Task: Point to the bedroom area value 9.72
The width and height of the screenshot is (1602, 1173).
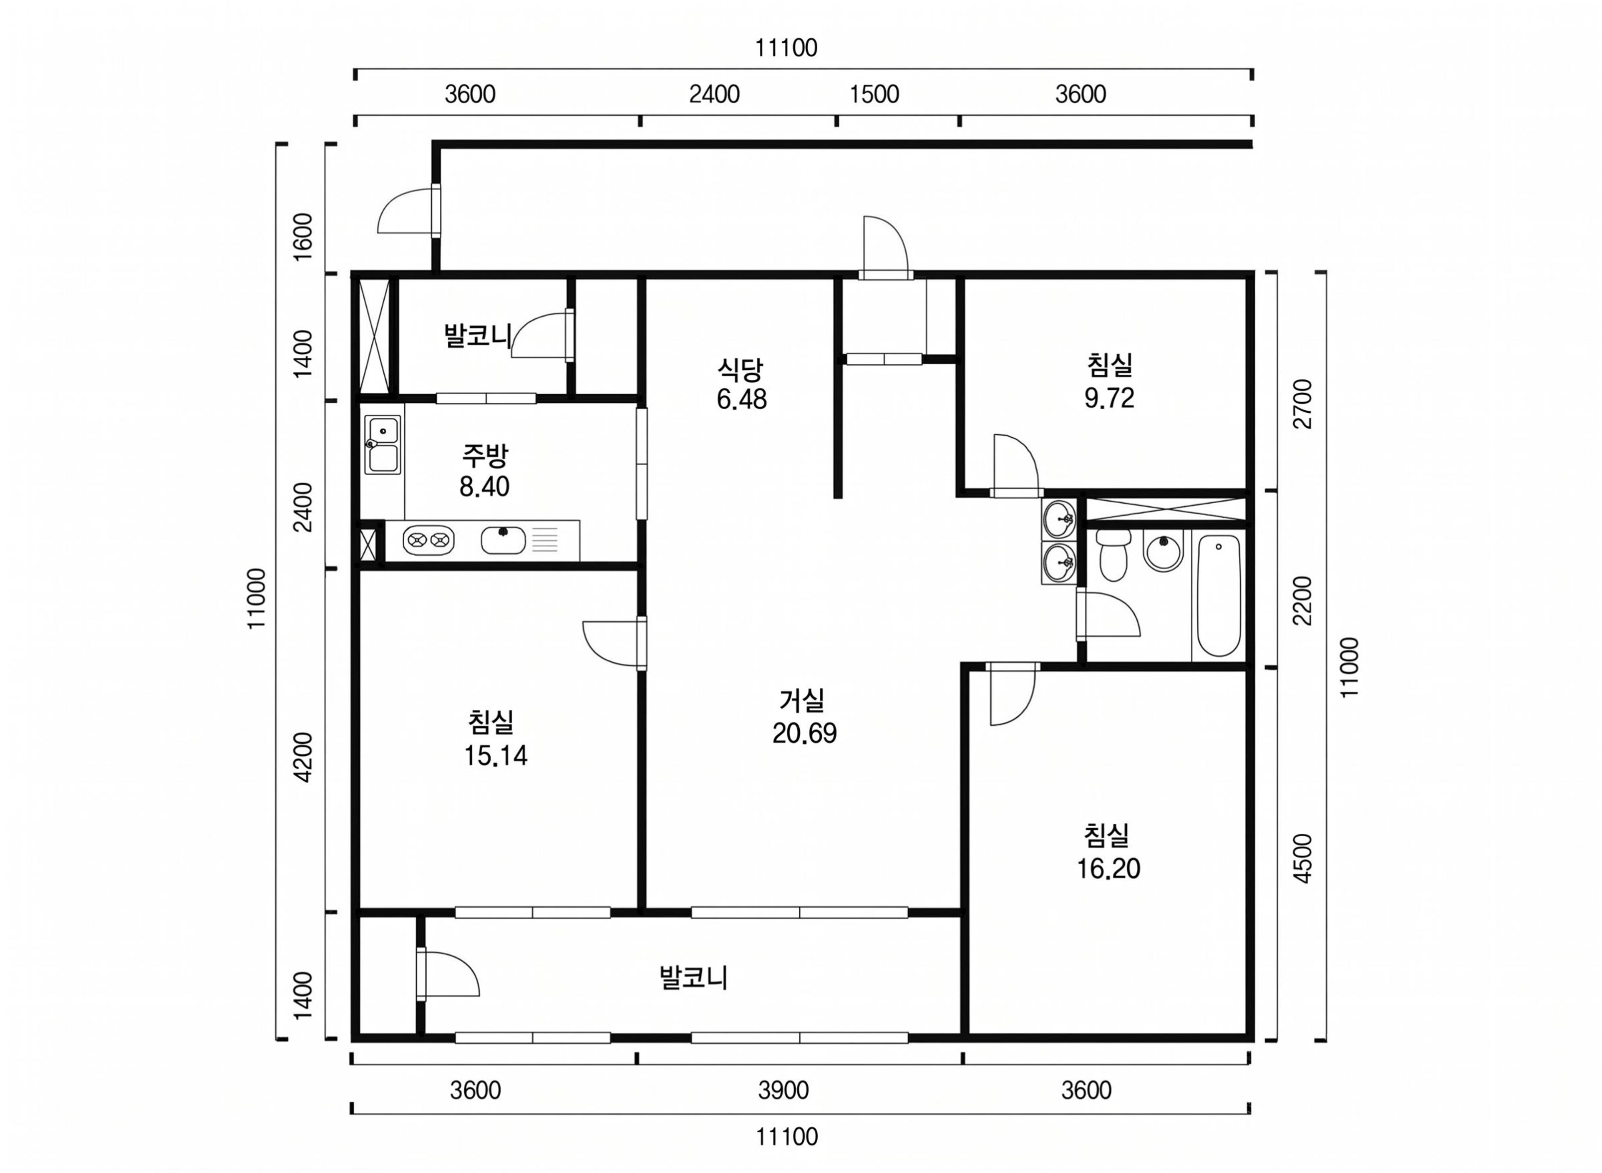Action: pyautogui.click(x=1109, y=399)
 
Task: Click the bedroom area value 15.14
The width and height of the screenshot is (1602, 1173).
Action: pyautogui.click(x=496, y=755)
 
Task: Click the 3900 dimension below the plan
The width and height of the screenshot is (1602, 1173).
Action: pyautogui.click(x=783, y=1090)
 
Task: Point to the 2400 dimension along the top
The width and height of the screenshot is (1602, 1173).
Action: pyautogui.click(x=714, y=94)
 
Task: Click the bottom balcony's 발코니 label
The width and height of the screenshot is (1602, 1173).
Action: pyautogui.click(x=693, y=978)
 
